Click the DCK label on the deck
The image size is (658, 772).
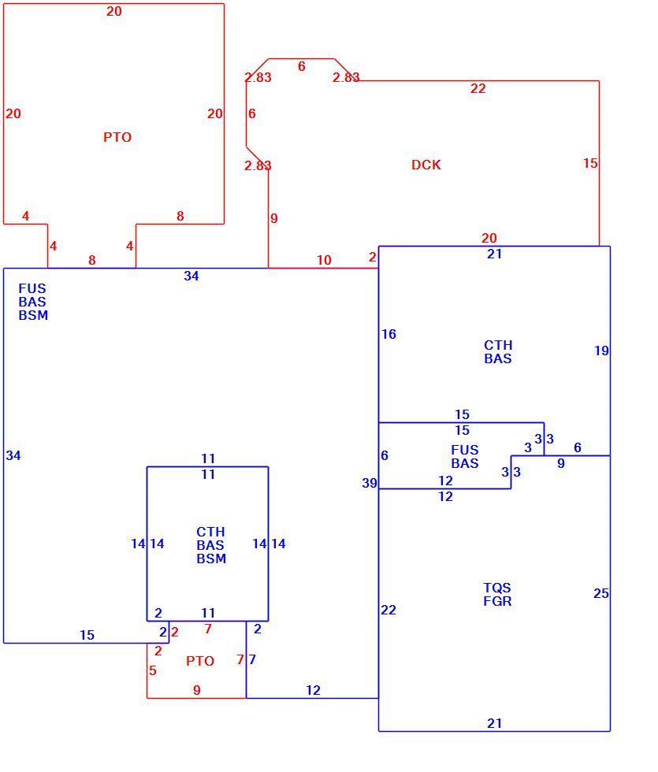click(426, 165)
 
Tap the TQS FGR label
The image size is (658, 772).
click(497, 594)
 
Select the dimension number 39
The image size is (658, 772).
click(370, 483)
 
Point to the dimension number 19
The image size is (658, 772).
click(601, 351)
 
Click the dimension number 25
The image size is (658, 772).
click(600, 593)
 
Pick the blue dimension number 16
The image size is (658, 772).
click(388, 334)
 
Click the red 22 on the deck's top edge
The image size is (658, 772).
click(478, 88)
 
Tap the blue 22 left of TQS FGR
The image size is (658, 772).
click(388, 610)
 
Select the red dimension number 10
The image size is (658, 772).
click(324, 260)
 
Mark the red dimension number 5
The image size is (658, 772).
click(153, 670)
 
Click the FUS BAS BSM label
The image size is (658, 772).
click(33, 302)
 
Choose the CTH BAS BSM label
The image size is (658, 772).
click(211, 545)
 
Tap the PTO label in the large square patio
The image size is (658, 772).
click(117, 137)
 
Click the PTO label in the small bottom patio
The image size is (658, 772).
click(200, 661)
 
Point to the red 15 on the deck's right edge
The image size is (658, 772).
click(590, 164)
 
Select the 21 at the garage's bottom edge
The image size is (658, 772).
click(495, 723)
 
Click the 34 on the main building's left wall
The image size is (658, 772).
click(13, 455)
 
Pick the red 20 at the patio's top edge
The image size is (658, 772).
click(113, 11)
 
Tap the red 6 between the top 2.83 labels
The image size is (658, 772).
click(301, 66)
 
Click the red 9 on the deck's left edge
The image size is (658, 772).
click(274, 218)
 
